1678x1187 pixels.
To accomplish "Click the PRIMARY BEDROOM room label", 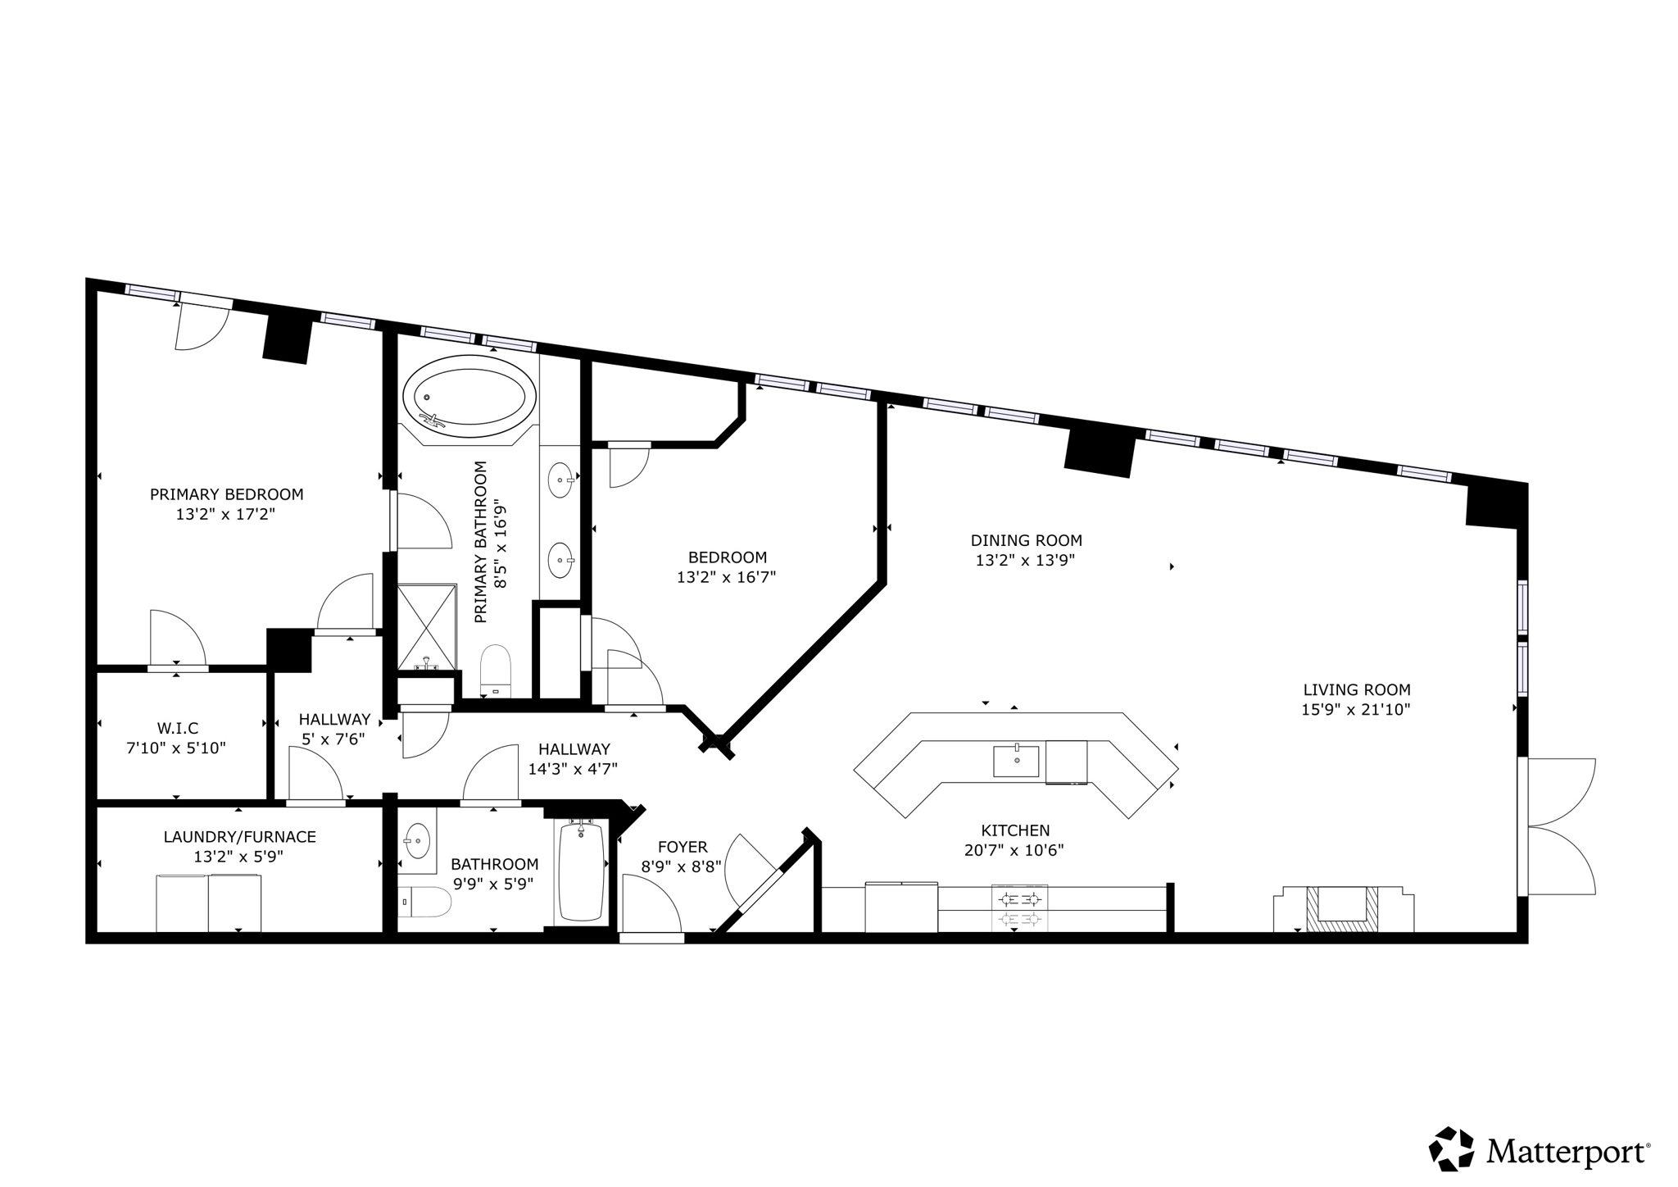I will (226, 494).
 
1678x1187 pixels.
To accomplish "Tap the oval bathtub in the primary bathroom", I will (469, 396).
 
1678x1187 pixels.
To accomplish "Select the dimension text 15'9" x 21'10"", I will (1356, 710).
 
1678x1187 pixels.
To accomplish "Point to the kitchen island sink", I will (1016, 761).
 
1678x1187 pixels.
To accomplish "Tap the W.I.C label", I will (178, 728).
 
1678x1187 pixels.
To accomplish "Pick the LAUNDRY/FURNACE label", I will (239, 837).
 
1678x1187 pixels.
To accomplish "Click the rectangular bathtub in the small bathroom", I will (581, 871).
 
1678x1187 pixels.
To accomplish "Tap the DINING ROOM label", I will (1026, 540).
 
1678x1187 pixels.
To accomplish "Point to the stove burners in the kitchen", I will (1019, 908).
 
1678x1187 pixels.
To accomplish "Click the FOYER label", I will (682, 847).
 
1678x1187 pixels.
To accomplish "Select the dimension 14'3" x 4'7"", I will (573, 769).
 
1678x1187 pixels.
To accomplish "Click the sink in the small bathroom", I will (418, 840).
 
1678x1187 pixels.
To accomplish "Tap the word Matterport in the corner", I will (1567, 1152).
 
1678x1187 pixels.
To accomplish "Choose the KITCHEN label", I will (1015, 830).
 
